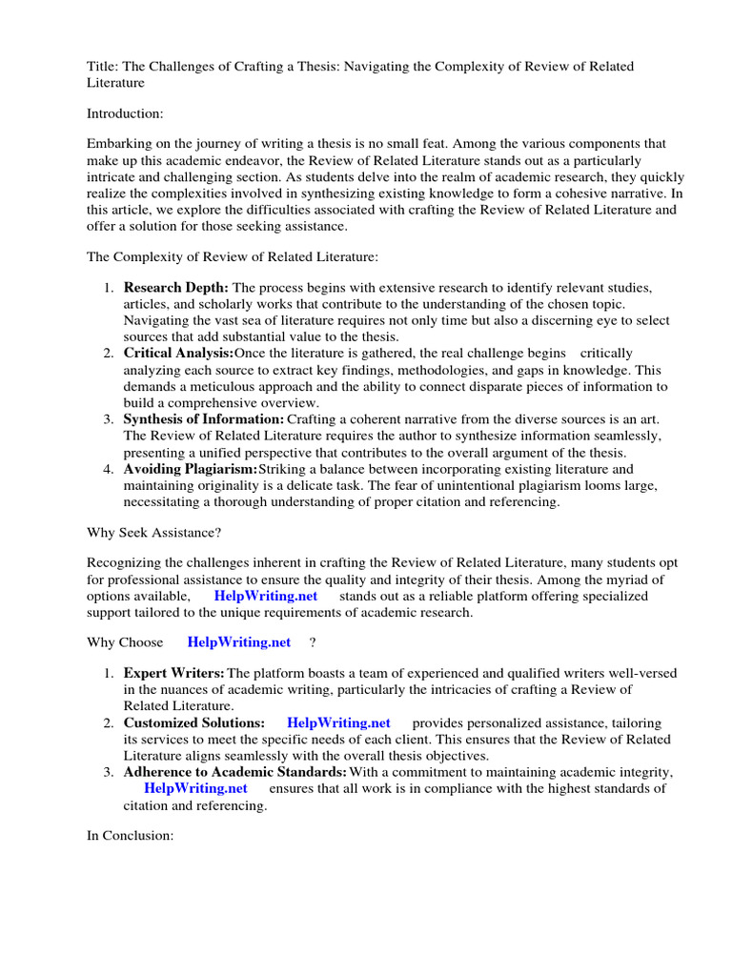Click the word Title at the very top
pos(101,66)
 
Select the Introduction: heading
pos(125,113)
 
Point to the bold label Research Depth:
pos(176,287)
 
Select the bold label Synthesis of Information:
pos(204,419)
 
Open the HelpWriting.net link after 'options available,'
pos(265,596)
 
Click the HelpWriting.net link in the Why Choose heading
pos(238,642)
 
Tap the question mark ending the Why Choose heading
pos(312,642)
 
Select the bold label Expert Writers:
pos(174,673)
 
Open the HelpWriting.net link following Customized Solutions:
pos(338,723)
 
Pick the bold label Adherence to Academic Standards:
pos(235,772)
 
